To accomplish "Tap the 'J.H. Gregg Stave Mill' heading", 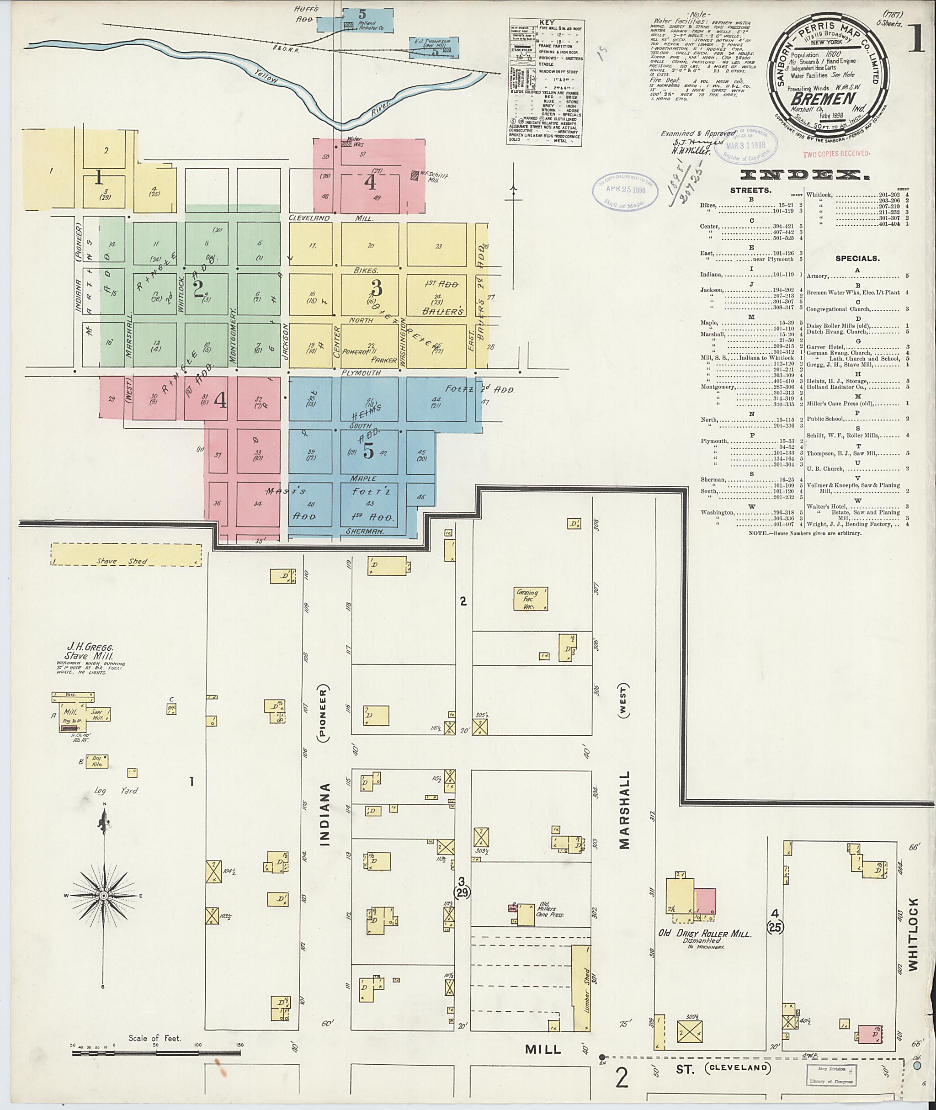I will [x=90, y=652].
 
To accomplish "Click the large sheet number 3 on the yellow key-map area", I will [x=376, y=288].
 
